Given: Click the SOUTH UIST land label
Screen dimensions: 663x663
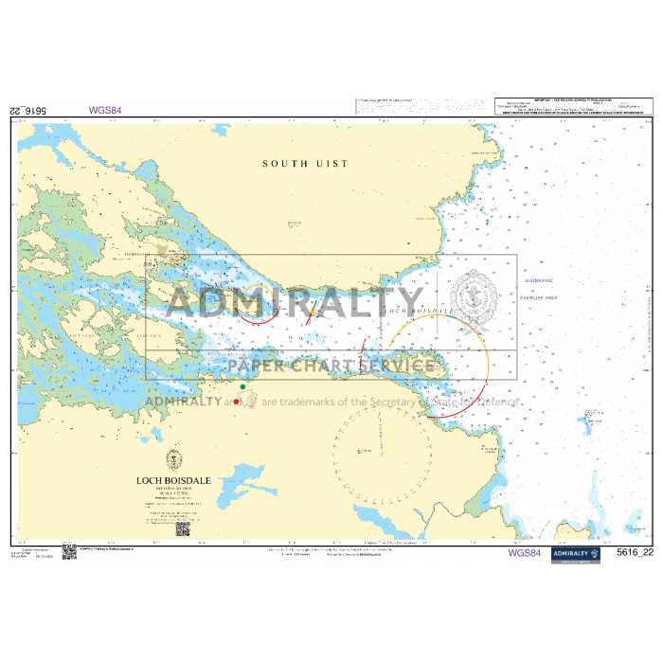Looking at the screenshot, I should tap(305, 164).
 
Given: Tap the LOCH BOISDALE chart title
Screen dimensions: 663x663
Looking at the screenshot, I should tap(172, 480).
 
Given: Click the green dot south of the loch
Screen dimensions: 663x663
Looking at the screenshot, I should tap(242, 386).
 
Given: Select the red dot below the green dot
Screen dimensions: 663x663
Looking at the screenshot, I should tap(237, 403).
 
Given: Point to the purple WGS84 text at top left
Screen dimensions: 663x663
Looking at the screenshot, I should tap(105, 110).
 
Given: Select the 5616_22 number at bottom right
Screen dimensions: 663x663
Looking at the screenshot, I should tap(635, 553).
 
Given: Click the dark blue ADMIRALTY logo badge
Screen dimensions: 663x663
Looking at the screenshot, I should tap(576, 553).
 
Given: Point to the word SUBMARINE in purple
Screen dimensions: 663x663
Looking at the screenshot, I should tap(536, 281).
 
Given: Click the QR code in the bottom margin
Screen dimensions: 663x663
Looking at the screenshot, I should tap(69, 552).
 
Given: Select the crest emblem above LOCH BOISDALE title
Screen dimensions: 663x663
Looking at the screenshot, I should tap(172, 460).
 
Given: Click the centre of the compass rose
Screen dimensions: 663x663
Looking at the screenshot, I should tap(369, 454).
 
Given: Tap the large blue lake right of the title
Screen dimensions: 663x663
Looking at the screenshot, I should tap(248, 476).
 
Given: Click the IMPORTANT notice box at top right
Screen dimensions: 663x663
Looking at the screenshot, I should tap(573, 105).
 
